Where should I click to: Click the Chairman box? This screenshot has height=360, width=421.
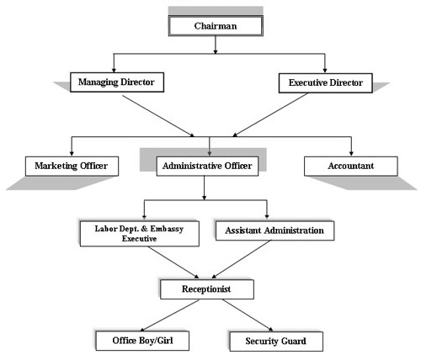click(x=216, y=26)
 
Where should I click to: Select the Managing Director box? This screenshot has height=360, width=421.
click(x=117, y=82)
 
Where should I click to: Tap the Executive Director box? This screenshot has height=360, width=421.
click(x=326, y=83)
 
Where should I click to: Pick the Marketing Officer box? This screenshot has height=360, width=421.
click(x=72, y=167)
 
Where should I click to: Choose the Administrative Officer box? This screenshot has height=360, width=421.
click(x=207, y=167)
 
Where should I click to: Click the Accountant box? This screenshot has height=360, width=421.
click(x=351, y=167)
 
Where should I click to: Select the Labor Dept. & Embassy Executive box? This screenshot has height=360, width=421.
click(x=140, y=234)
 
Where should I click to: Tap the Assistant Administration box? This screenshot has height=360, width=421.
click(x=274, y=230)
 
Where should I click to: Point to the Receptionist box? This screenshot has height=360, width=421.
click(x=207, y=289)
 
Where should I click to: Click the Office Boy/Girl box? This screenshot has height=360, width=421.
click(x=142, y=341)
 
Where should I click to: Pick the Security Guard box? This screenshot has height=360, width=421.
click(x=276, y=341)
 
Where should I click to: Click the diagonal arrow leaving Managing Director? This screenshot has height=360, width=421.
click(x=158, y=116)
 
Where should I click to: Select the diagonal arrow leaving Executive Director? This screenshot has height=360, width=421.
click(x=270, y=115)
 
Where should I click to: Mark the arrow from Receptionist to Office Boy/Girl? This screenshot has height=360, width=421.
click(x=169, y=315)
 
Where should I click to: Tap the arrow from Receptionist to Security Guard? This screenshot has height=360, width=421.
click(x=248, y=315)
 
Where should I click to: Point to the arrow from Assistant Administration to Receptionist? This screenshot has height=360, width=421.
click(x=242, y=259)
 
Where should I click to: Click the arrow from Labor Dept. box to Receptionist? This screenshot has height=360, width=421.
click(x=173, y=262)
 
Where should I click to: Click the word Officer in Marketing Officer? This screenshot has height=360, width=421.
click(x=93, y=166)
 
